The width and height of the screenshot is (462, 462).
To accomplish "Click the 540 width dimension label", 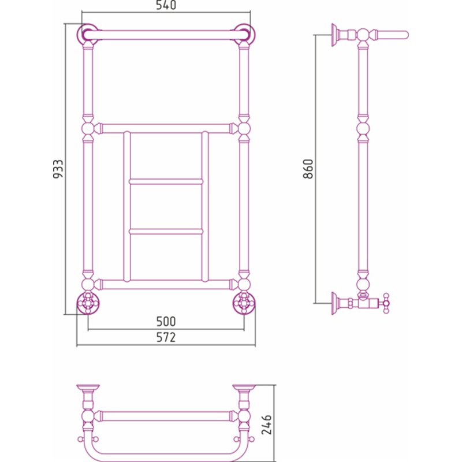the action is point(166,5).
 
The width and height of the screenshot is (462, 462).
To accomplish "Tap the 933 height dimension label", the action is point(58,169).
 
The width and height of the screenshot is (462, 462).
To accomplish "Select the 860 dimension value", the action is point(308,169).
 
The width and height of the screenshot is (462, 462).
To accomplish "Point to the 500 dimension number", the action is point(166,321).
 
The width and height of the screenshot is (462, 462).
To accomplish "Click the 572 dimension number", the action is point(166,337).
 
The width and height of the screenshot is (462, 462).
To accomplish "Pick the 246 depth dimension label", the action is point(267,424).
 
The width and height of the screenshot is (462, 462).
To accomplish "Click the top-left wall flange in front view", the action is point(88,34).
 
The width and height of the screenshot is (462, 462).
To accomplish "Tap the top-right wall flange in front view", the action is point(244,34).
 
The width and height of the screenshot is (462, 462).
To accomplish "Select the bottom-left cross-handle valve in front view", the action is point(88,303).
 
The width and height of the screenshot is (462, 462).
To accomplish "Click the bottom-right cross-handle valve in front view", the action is point(244,303).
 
